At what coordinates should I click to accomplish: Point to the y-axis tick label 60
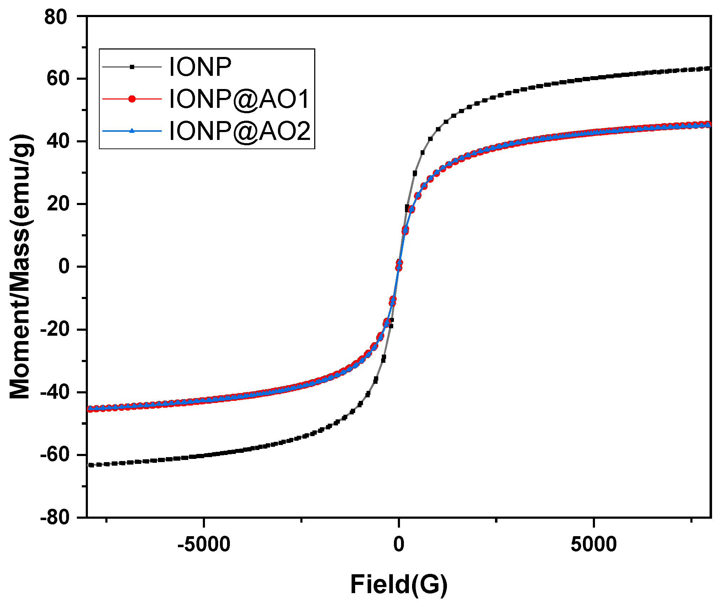[57, 79]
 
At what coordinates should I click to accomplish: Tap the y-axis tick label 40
[57, 141]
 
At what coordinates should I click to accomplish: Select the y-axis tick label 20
[57, 204]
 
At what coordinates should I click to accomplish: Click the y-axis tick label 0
[64, 267]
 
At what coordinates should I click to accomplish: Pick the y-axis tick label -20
[54, 329]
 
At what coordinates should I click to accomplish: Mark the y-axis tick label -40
[54, 392]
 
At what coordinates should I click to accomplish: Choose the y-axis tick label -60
[54, 455]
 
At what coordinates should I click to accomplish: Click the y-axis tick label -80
[54, 517]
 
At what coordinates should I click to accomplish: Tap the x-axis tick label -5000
[204, 545]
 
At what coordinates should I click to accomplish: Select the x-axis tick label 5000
[594, 545]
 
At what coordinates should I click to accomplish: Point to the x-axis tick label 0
[399, 545]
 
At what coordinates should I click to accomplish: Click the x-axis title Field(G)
[399, 585]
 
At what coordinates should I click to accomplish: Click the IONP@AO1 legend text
[239, 99]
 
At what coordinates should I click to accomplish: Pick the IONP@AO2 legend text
[239, 131]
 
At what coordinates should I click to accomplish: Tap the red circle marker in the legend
[132, 99]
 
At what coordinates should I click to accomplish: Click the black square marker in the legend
[132, 67]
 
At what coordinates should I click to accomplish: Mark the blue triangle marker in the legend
[132, 131]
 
